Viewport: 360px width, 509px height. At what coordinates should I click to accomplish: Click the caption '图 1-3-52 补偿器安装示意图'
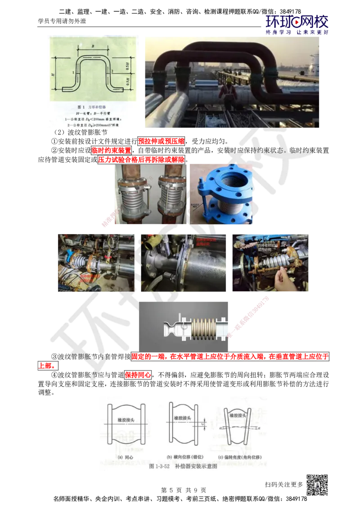point(183,466)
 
